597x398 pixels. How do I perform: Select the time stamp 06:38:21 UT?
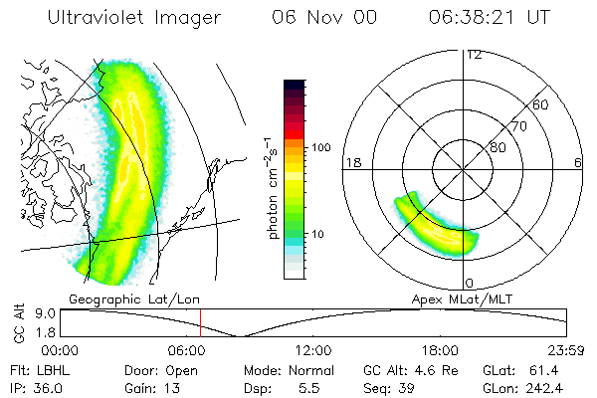tap(490, 18)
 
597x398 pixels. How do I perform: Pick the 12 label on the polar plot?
tap(474, 54)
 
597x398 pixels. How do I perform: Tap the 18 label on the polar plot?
tap(351, 162)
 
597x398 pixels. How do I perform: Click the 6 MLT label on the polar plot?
tap(578, 162)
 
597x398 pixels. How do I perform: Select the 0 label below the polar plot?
tap(469, 283)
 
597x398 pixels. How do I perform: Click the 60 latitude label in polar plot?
tap(541, 104)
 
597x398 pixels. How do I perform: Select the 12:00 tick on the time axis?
tap(313, 351)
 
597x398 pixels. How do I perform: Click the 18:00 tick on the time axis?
tap(440, 351)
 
